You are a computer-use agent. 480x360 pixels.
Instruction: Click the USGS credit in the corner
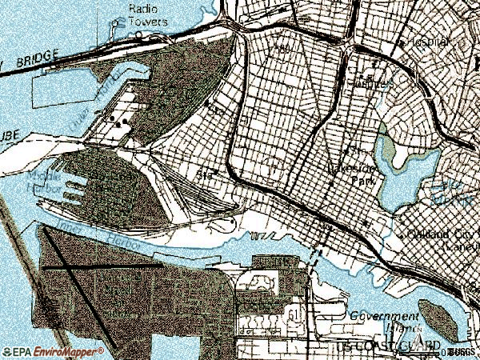click(x=462, y=351)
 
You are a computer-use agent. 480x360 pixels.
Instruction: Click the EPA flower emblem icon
click(x=7, y=351)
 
